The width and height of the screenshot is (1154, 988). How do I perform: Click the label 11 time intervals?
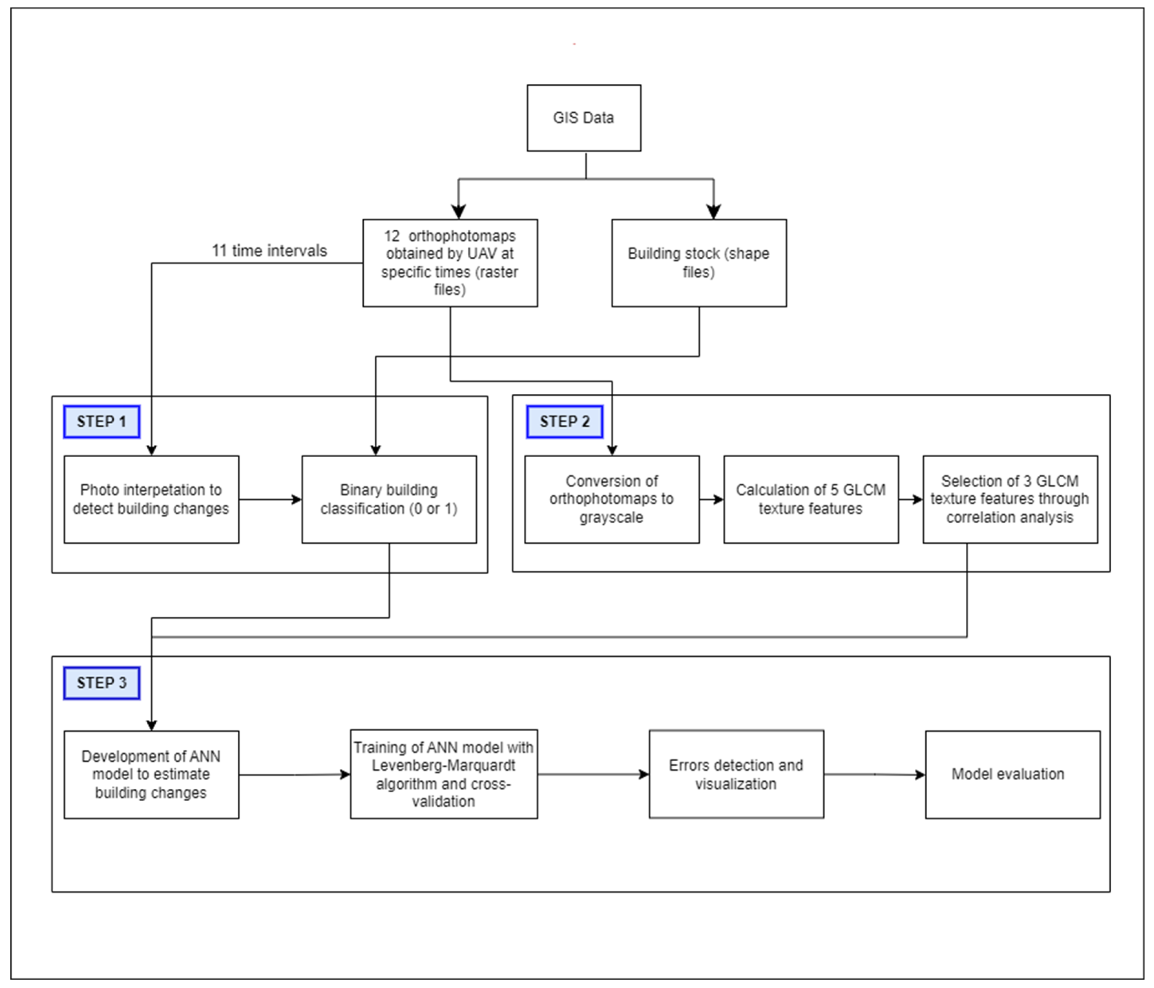pyautogui.click(x=269, y=251)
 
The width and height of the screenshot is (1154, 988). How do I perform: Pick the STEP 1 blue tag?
pyautogui.click(x=101, y=421)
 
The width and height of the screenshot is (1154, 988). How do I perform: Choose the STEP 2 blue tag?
pyautogui.click(x=564, y=421)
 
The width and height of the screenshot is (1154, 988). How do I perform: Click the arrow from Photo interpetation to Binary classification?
pyautogui.click(x=270, y=500)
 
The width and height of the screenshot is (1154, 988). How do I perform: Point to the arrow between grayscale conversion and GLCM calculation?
pyautogui.click(x=711, y=500)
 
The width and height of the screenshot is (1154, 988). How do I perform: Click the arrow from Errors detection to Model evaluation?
pyautogui.click(x=874, y=774)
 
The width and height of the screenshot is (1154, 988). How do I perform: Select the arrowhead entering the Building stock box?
pyautogui.click(x=713, y=212)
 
